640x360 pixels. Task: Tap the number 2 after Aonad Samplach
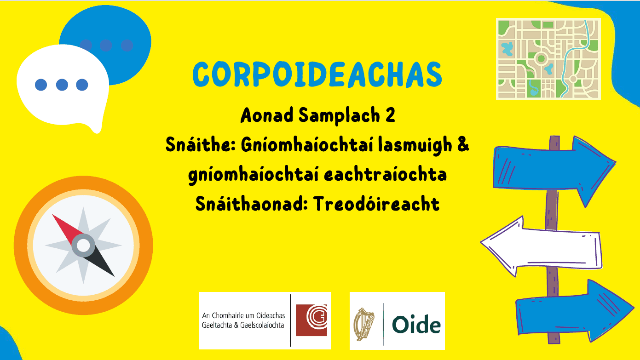[x=390, y=116]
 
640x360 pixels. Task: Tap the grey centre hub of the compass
[x=83, y=245]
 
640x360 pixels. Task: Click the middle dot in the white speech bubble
[x=62, y=85]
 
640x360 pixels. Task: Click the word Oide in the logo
[x=416, y=325]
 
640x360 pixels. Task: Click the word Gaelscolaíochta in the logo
[x=259, y=325]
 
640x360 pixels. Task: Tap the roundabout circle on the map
[x=541, y=58]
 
